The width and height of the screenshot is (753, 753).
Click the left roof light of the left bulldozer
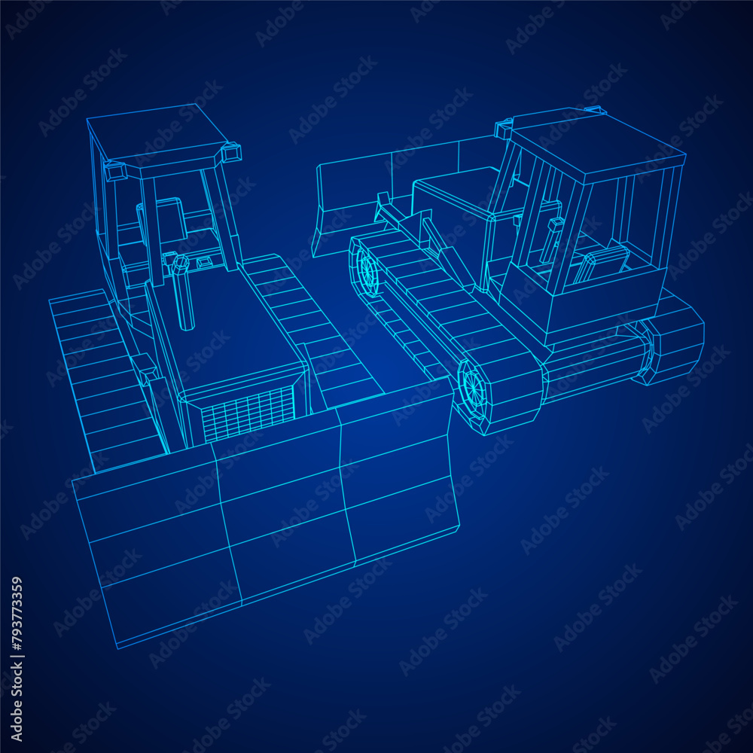click(114, 171)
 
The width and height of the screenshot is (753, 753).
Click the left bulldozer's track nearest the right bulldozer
click(309, 324)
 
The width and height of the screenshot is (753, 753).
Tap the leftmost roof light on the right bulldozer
click(503, 129)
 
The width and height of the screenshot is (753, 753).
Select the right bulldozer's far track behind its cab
click(674, 339)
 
